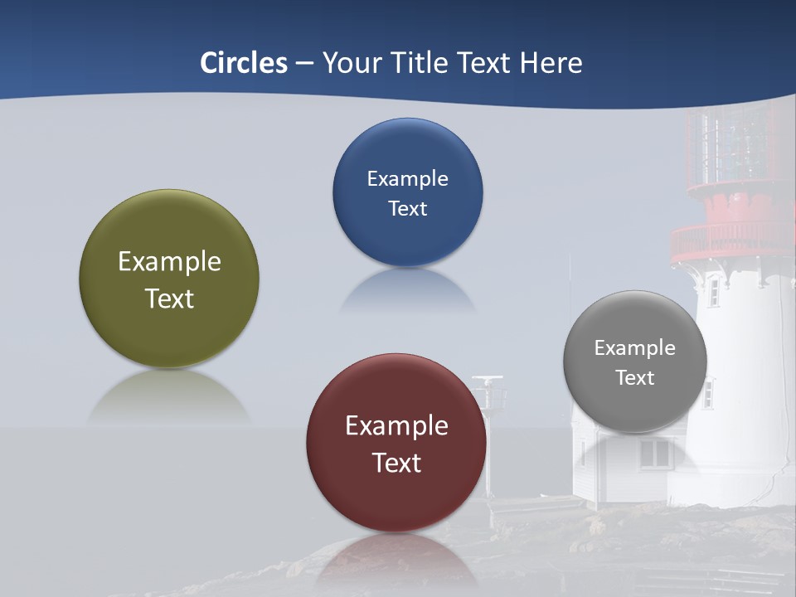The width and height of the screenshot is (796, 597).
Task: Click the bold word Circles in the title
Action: (x=244, y=63)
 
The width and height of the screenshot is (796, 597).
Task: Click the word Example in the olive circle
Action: (x=169, y=262)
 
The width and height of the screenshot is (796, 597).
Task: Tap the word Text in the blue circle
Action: (x=407, y=209)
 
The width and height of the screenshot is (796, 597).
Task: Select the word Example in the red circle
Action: (x=396, y=426)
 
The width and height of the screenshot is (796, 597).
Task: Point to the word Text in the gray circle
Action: (x=635, y=378)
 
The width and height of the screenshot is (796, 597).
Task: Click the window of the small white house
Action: (x=655, y=454)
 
